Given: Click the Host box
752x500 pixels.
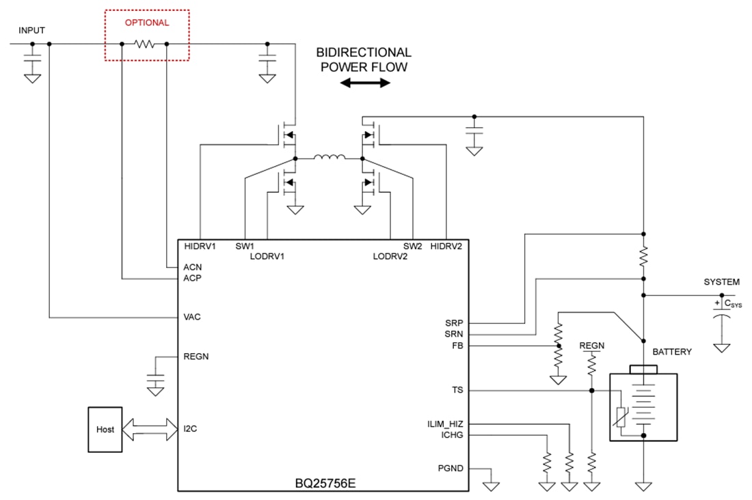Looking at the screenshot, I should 105,429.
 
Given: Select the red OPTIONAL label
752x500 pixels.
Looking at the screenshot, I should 146,23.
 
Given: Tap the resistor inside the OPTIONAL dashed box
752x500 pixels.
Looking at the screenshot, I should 144,44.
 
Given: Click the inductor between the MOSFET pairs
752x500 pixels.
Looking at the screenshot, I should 329,158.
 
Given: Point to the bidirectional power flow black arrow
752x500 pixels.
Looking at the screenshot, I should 365,83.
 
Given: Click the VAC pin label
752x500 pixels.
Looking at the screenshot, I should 192,317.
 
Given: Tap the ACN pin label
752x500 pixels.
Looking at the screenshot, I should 192,267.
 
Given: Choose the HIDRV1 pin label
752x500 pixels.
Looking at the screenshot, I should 200,246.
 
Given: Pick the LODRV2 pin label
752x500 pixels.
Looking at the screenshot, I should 390,256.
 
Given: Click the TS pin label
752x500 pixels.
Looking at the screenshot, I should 457,391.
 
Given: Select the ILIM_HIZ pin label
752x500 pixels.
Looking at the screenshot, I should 444,424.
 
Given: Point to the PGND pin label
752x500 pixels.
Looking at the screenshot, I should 451,469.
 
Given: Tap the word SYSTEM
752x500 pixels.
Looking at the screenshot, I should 722,282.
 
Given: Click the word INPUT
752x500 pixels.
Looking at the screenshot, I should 32,31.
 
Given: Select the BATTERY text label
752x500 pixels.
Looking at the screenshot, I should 672,352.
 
